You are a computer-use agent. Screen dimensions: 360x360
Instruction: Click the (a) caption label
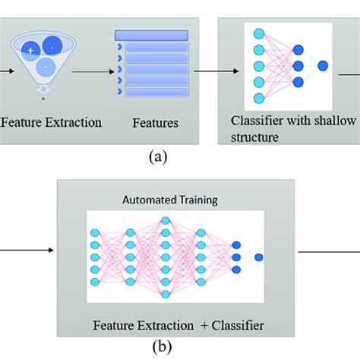click(x=156, y=157)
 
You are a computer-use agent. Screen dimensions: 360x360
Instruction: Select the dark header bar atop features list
click(x=150, y=35)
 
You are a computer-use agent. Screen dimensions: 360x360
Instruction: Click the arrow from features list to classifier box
click(x=207, y=72)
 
